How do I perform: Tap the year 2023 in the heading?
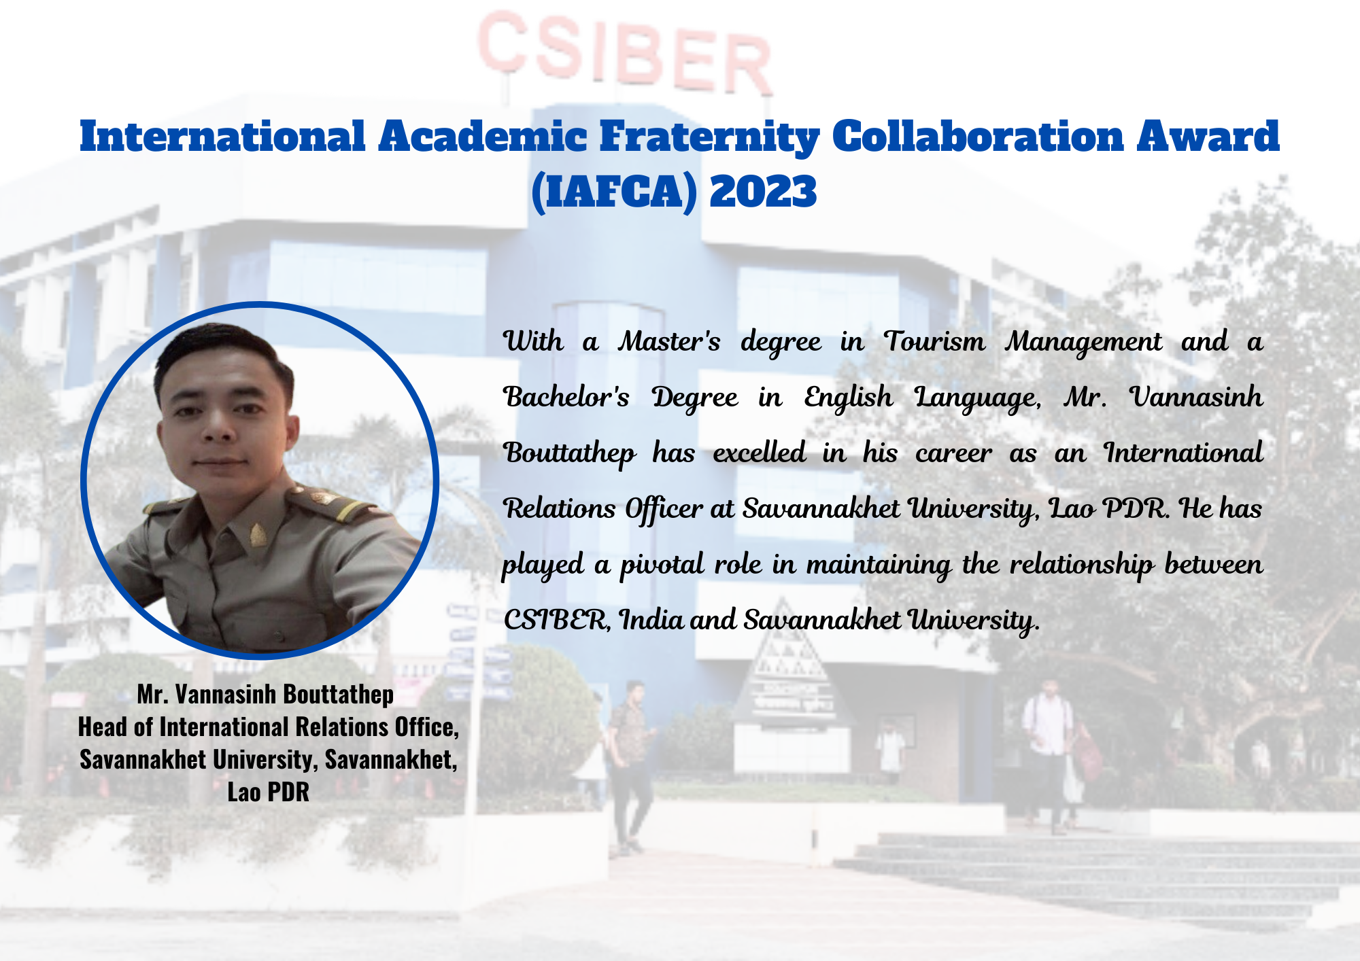[763, 192]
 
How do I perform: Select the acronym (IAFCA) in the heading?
[615, 192]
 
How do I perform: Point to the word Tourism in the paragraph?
[934, 341]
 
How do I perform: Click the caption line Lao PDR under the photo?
[268, 792]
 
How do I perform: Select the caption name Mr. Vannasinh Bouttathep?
[265, 695]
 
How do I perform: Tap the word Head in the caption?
[103, 727]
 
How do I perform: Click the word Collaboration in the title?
[978, 137]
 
